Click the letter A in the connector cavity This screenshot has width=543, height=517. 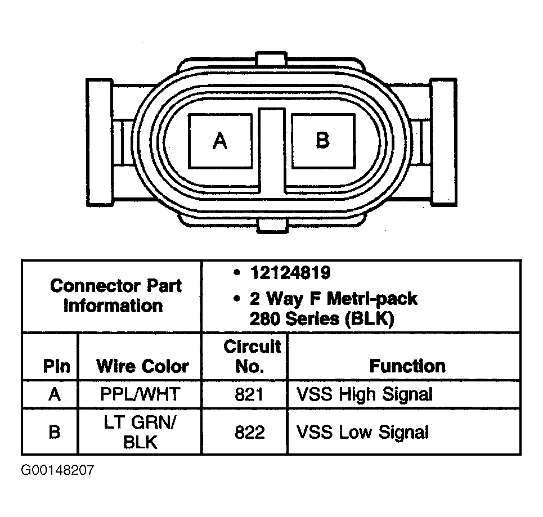pyautogui.click(x=220, y=141)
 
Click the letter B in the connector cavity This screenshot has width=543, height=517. pyautogui.click(x=322, y=140)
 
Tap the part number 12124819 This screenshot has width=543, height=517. pyautogui.click(x=290, y=273)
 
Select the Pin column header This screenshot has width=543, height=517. pyautogui.click(x=56, y=366)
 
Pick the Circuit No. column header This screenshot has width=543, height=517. pyautogui.click(x=251, y=356)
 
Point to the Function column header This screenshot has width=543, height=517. pyautogui.click(x=407, y=366)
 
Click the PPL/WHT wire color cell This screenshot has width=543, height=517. pyautogui.click(x=140, y=394)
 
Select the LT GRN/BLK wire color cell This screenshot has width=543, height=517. pyautogui.click(x=140, y=432)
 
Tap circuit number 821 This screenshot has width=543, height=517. pyautogui.click(x=249, y=394)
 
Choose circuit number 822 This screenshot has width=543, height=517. pyautogui.click(x=249, y=432)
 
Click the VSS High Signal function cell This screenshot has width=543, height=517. pyautogui.click(x=365, y=394)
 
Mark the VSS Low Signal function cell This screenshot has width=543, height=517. pyautogui.click(x=362, y=432)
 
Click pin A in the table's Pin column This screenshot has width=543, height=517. pyautogui.click(x=55, y=394)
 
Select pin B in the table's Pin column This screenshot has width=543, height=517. pyautogui.click(x=55, y=432)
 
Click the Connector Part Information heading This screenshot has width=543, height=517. pyautogui.click(x=115, y=296)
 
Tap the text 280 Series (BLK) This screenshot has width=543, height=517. pyautogui.click(x=322, y=318)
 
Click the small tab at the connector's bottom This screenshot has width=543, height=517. pyautogui.click(x=272, y=226)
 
